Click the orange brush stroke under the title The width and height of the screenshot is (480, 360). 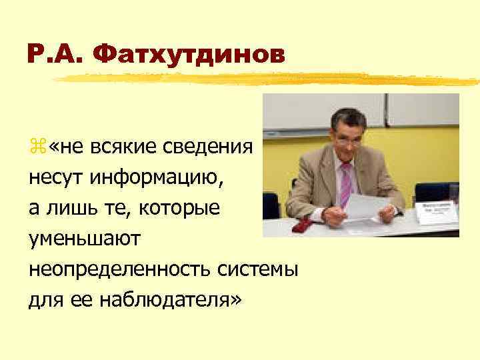point(267,80)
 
